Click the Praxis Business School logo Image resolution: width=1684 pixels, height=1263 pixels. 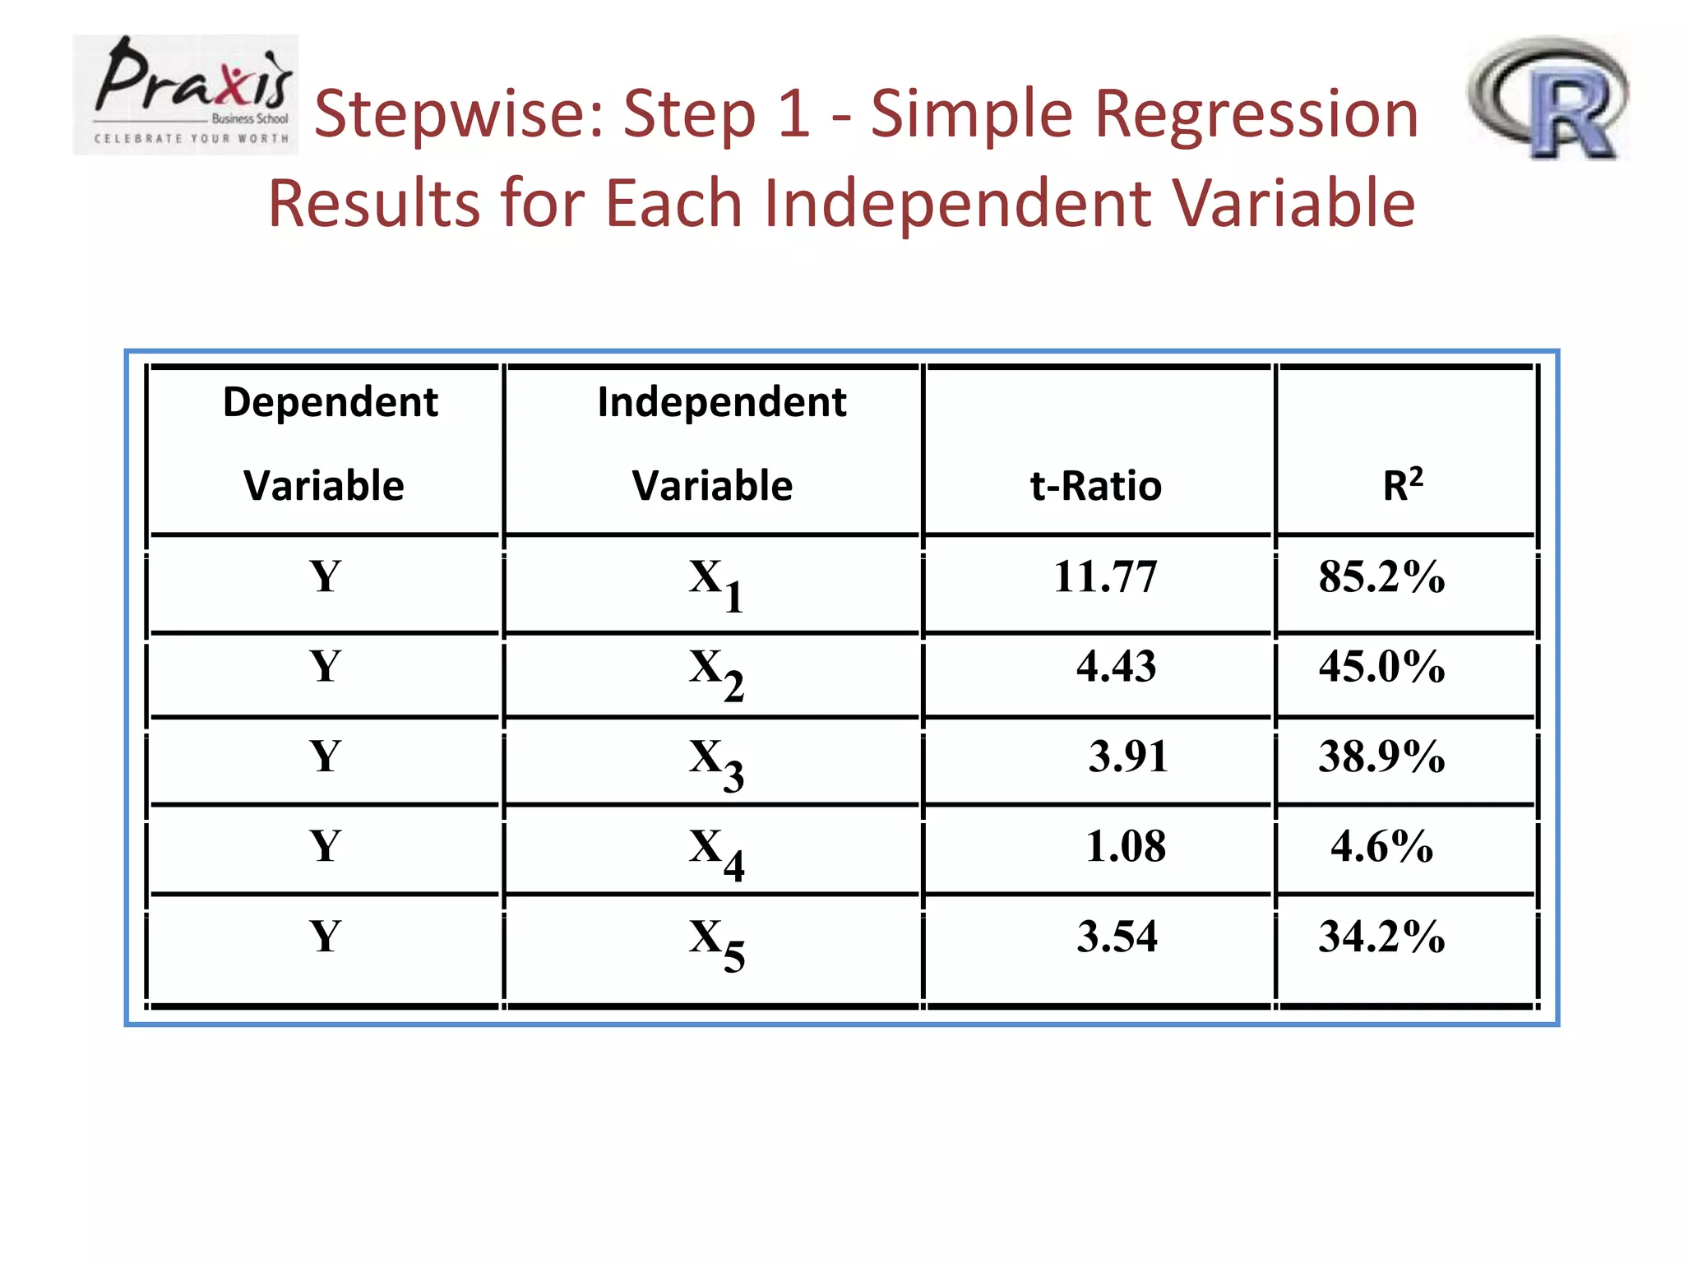[x=186, y=95]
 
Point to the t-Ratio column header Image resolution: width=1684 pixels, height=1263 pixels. [x=1095, y=486]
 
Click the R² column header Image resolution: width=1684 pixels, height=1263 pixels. [x=1402, y=484]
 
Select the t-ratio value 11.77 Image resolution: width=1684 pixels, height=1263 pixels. [x=1105, y=576]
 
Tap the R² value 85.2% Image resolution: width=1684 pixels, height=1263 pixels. [x=1381, y=576]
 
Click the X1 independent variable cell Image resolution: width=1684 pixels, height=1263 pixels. [x=716, y=583]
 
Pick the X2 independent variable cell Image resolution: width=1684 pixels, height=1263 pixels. [x=716, y=673]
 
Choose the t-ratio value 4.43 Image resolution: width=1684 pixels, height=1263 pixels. [x=1116, y=666]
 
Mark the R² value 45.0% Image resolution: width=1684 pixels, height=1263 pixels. [x=1381, y=666]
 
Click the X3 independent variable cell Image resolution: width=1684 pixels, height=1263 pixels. [x=716, y=763]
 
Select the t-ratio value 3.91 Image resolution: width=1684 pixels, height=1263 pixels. [x=1127, y=756]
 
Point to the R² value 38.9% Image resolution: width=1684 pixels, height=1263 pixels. [x=1381, y=756]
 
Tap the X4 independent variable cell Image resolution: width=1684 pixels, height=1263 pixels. [x=716, y=854]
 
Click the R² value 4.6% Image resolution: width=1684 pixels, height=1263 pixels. [x=1381, y=846]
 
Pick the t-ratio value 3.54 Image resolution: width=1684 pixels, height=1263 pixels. [x=1117, y=937]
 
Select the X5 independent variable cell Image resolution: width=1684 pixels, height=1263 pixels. [x=716, y=943]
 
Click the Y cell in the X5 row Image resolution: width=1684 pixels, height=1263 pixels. [x=325, y=937]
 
